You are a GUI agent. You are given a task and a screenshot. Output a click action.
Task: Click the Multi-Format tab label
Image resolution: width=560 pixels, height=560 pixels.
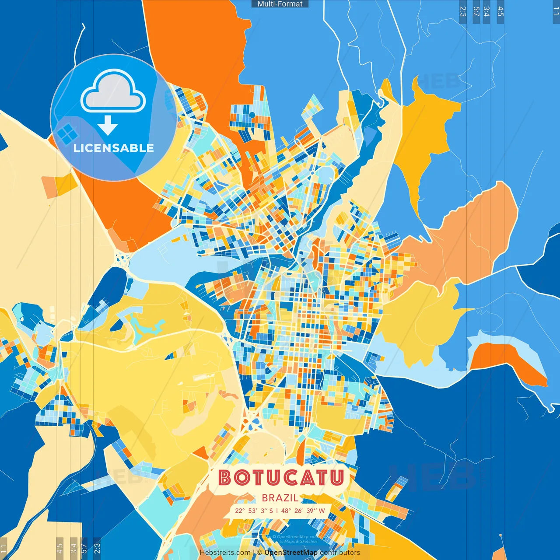280,4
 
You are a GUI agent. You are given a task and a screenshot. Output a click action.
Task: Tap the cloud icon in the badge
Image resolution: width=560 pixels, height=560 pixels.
113,90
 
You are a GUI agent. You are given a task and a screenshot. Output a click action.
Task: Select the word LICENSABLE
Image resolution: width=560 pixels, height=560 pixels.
114,148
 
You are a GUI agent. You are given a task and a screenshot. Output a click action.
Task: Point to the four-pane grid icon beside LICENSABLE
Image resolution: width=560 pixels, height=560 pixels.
66,134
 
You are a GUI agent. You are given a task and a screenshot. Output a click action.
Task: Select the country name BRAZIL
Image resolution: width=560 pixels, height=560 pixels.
280,498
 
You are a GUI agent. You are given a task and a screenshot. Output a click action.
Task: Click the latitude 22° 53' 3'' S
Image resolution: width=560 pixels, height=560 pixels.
254,511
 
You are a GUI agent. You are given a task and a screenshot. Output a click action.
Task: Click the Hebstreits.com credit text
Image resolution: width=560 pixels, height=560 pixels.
225,553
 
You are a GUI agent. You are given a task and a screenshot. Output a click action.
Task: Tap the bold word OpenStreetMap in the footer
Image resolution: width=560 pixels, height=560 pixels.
290,553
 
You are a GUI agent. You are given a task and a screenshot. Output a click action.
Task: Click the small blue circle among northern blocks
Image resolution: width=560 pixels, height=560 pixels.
252,115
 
